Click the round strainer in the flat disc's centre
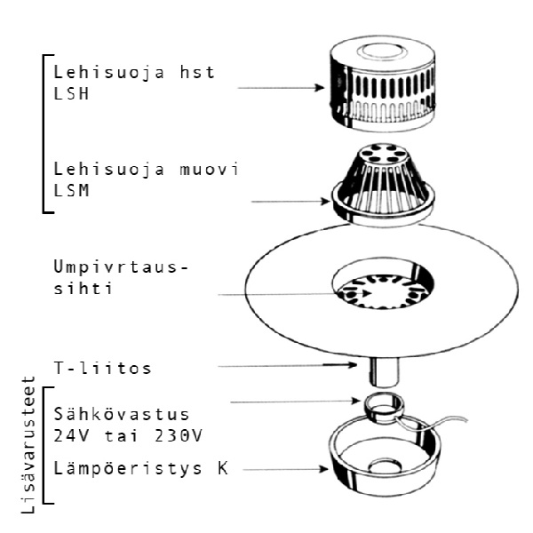382,289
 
